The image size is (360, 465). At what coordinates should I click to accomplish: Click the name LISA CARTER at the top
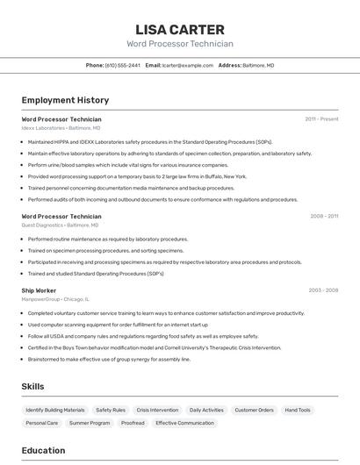(180, 29)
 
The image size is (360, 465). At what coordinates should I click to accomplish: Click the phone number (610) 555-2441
(122, 65)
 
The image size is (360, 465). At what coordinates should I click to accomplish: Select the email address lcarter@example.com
(188, 65)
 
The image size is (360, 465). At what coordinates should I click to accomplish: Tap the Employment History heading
(65, 100)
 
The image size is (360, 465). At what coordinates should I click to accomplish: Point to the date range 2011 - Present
(321, 118)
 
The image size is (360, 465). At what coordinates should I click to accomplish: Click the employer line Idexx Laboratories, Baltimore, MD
(60, 127)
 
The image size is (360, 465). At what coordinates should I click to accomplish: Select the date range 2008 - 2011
(324, 216)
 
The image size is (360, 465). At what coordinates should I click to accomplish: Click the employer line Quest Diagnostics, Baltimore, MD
(60, 225)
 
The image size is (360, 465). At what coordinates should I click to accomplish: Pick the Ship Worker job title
(39, 290)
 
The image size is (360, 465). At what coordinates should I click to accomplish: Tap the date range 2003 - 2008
(323, 290)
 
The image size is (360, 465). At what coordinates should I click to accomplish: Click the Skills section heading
(32, 386)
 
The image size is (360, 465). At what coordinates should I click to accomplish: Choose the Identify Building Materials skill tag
(55, 410)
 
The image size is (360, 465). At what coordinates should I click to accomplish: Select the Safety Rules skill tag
(111, 410)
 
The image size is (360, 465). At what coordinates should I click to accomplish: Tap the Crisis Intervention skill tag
(157, 410)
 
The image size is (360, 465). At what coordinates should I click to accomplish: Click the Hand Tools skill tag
(298, 410)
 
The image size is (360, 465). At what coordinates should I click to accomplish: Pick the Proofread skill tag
(133, 423)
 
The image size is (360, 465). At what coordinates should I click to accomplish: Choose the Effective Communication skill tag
(184, 423)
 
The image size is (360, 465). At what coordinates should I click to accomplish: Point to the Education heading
(43, 450)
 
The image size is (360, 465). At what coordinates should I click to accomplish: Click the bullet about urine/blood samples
(127, 165)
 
